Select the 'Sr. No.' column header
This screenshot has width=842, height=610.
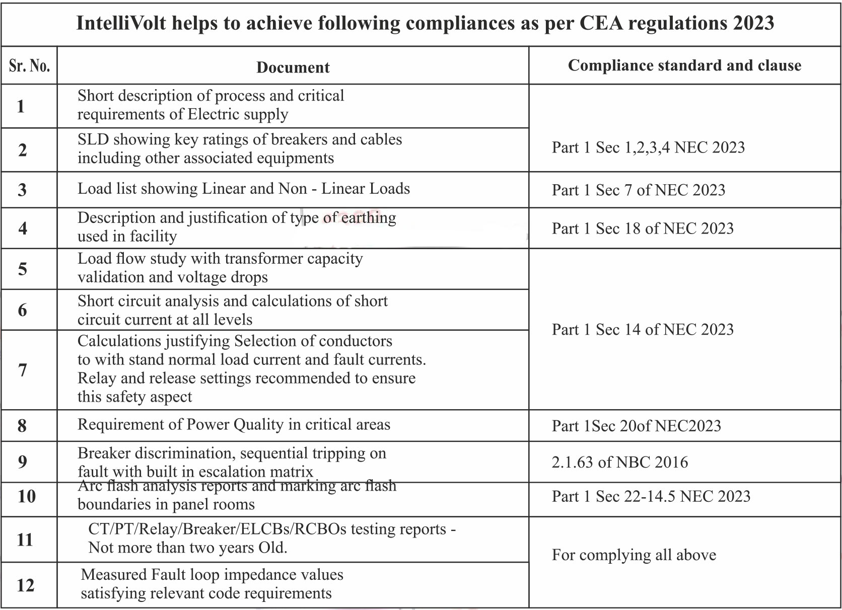coord(29,65)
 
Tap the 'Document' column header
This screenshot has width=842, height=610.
coord(293,67)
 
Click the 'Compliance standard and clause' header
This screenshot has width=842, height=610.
coord(684,65)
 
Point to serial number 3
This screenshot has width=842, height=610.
coord(22,190)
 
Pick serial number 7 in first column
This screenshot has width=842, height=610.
coord(23,370)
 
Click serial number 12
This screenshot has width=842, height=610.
coord(25,585)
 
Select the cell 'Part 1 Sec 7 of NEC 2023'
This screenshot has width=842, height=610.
coord(638,190)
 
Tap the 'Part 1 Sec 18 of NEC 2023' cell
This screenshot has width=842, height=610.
coord(642,228)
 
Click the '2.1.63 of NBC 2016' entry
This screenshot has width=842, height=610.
coord(619,462)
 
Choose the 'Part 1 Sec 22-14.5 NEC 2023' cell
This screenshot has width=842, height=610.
coord(651,496)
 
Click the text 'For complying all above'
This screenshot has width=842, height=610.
coord(634,555)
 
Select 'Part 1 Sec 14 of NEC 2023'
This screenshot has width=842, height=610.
coord(642,329)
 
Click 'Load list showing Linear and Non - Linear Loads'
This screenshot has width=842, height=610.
coord(243,189)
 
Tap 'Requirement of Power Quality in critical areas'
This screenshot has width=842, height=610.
coord(234,424)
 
